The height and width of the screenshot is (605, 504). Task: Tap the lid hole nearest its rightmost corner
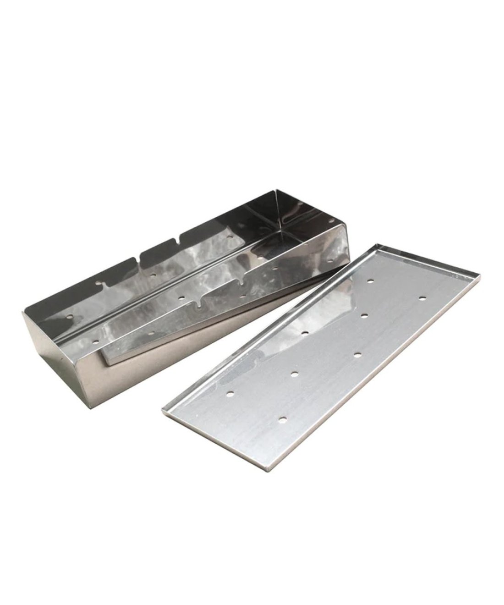[422, 298]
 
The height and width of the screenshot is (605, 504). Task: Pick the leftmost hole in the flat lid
[230, 393]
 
